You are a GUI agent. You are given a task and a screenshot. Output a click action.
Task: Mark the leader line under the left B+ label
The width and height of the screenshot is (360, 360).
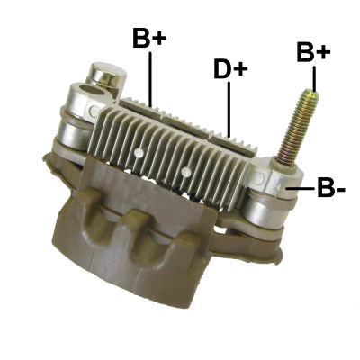coord(151,76)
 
